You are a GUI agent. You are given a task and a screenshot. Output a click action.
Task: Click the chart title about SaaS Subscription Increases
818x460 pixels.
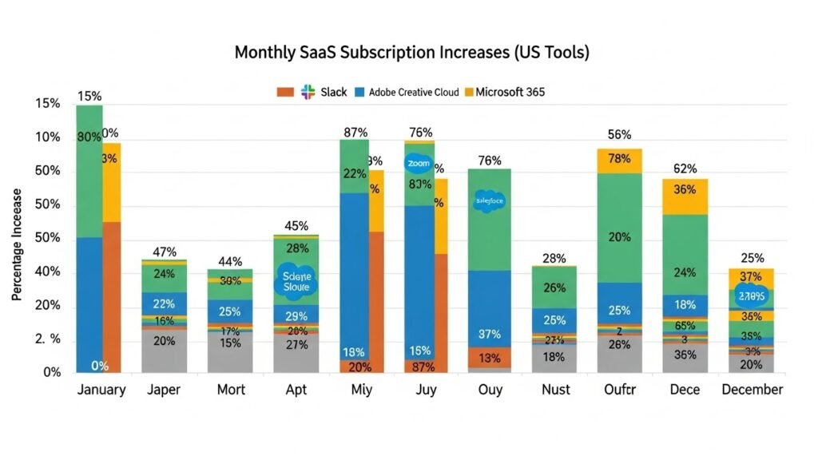tap(411, 53)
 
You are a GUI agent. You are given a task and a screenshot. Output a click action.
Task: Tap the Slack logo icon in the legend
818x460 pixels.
tap(308, 92)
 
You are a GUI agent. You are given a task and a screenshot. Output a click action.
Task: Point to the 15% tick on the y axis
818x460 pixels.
tap(48, 104)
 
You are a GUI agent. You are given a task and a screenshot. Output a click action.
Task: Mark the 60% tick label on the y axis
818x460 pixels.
tap(48, 172)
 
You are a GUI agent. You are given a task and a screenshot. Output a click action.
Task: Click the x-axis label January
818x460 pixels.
tap(101, 390)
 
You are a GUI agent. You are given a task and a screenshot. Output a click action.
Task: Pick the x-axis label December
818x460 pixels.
tap(752, 390)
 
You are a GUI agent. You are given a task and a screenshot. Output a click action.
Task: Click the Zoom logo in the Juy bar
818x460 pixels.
tap(418, 163)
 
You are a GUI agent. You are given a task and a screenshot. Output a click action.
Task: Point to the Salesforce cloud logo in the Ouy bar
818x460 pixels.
tap(489, 201)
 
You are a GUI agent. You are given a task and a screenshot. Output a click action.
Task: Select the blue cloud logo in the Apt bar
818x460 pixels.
tap(296, 281)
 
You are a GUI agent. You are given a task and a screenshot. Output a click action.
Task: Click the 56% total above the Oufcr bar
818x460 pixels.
tap(619, 134)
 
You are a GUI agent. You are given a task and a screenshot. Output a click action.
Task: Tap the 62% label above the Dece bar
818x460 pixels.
tap(685, 169)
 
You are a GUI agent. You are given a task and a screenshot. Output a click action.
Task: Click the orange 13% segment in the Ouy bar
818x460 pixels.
tap(489, 357)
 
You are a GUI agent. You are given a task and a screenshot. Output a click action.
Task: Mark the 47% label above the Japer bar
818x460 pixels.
tap(165, 252)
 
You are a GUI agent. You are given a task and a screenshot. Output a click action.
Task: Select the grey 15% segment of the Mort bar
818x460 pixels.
tap(230, 351)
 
